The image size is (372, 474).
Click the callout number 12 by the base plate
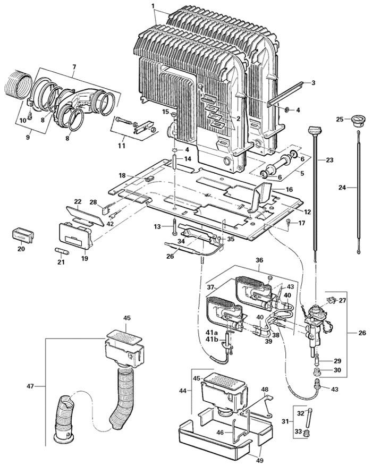point(307,212)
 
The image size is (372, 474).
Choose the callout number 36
point(260,260)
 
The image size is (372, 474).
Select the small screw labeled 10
point(31,113)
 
